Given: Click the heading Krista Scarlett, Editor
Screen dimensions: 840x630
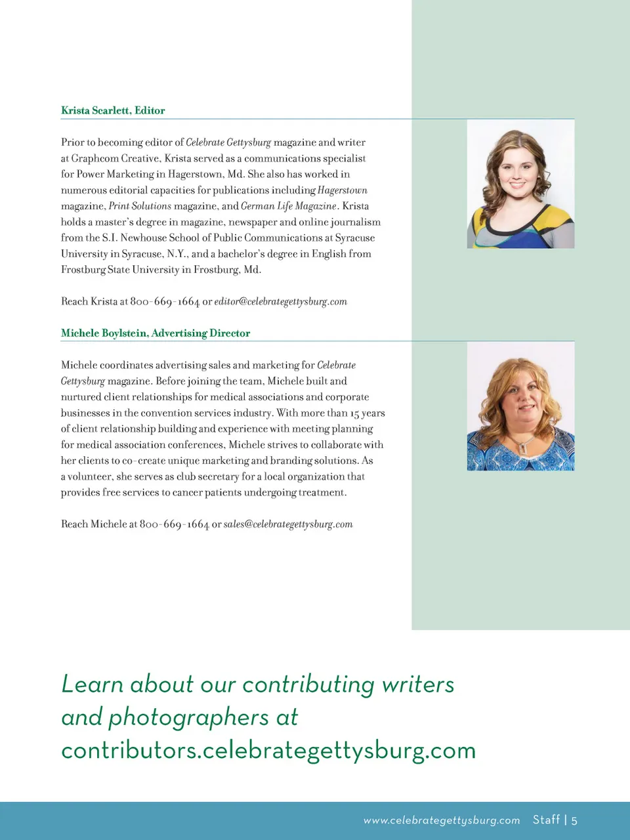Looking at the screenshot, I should click(113, 110).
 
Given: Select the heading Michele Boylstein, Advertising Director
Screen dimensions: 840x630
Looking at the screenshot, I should click(156, 333).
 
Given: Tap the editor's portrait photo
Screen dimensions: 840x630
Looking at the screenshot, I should click(520, 184).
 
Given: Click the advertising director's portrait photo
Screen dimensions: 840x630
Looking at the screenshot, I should click(520, 406).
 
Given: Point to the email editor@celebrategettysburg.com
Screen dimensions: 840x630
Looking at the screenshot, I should click(280, 301).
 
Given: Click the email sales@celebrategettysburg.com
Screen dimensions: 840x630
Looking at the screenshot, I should click(288, 524).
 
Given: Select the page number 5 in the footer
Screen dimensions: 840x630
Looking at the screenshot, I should click(574, 820).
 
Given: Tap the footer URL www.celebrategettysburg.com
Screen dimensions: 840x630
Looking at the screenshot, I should click(442, 820).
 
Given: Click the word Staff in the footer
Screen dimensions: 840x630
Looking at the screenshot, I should click(546, 820).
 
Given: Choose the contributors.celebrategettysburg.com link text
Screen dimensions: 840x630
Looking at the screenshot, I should click(268, 750).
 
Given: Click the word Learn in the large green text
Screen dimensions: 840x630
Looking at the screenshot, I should click(92, 684).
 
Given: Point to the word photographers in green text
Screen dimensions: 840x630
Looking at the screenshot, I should click(188, 717).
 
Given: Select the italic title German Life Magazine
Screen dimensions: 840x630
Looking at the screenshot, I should click(288, 206).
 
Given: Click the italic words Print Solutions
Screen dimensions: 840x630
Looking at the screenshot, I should click(140, 206).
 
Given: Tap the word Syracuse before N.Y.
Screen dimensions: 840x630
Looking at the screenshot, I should click(143, 254).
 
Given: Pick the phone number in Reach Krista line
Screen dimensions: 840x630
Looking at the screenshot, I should click(165, 301).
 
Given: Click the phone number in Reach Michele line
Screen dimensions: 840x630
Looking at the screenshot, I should click(174, 524).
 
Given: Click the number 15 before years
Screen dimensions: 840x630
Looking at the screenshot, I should click(354, 413).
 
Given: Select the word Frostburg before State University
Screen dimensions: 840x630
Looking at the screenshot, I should click(83, 270).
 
